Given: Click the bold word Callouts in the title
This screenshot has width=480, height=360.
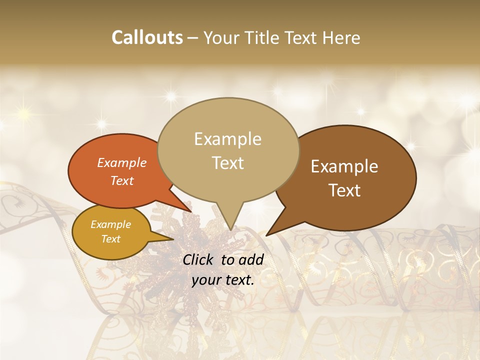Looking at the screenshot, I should click(x=147, y=37).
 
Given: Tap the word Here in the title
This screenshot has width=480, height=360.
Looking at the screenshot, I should click(x=340, y=37).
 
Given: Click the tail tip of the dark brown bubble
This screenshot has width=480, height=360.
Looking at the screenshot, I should click(x=267, y=235).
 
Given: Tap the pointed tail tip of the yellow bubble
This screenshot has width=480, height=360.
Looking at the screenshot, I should click(x=173, y=239).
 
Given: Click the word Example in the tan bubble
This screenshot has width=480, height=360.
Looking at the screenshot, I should click(x=227, y=139).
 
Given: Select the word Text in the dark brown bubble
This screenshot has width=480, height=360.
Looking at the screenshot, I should click(x=345, y=190).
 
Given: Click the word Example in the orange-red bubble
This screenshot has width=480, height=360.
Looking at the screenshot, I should click(x=122, y=162).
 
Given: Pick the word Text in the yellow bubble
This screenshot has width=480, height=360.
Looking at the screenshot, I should click(x=111, y=239).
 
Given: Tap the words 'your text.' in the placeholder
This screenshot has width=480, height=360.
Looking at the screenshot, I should click(x=223, y=279).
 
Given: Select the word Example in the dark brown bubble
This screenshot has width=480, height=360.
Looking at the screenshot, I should click(x=344, y=166).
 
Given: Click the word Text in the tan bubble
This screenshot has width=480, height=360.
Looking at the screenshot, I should click(x=228, y=162).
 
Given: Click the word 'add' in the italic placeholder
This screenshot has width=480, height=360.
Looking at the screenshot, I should click(x=251, y=259).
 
